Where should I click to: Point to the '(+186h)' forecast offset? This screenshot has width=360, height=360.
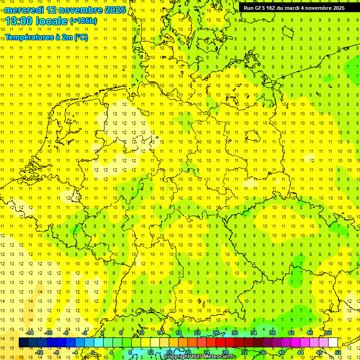tap(83, 21)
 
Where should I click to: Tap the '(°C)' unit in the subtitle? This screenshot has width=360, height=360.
tap(80, 37)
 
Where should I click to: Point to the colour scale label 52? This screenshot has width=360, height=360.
tap(337, 352)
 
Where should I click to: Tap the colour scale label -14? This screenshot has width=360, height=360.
tap(30, 333)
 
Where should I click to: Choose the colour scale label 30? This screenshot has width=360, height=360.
tap(234, 333)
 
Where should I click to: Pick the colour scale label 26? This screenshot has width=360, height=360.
tap(216, 333)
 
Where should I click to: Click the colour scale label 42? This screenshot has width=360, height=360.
tap(291, 333)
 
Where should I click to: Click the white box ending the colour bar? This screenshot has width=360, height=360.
tap(333, 343)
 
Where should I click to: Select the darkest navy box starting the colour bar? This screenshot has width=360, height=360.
tap(23, 343)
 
